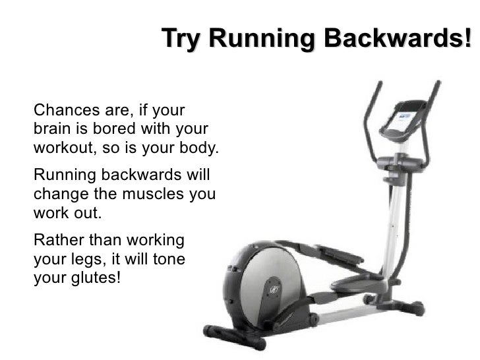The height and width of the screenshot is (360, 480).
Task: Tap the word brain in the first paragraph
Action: [49, 128]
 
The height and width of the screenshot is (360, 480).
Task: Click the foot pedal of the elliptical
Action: [355, 282]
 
